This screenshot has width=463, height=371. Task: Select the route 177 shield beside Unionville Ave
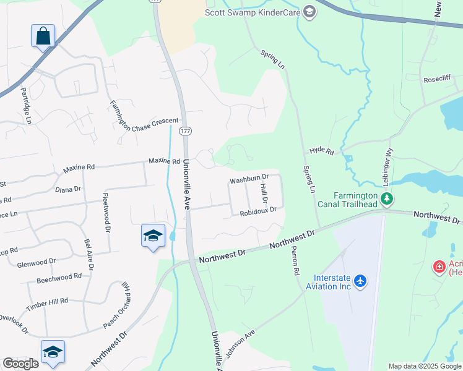185,130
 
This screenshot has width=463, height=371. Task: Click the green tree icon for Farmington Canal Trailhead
387,198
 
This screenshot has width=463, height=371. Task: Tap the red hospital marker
439,267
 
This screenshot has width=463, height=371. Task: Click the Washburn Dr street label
249,179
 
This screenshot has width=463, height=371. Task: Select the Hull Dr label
264,193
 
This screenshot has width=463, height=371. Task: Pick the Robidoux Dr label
257,211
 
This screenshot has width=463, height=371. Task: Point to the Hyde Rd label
321,150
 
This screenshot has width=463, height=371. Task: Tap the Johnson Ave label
240,343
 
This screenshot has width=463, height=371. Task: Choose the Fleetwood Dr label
106,211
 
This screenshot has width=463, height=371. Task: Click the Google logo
20,364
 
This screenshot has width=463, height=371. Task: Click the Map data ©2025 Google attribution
425,366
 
